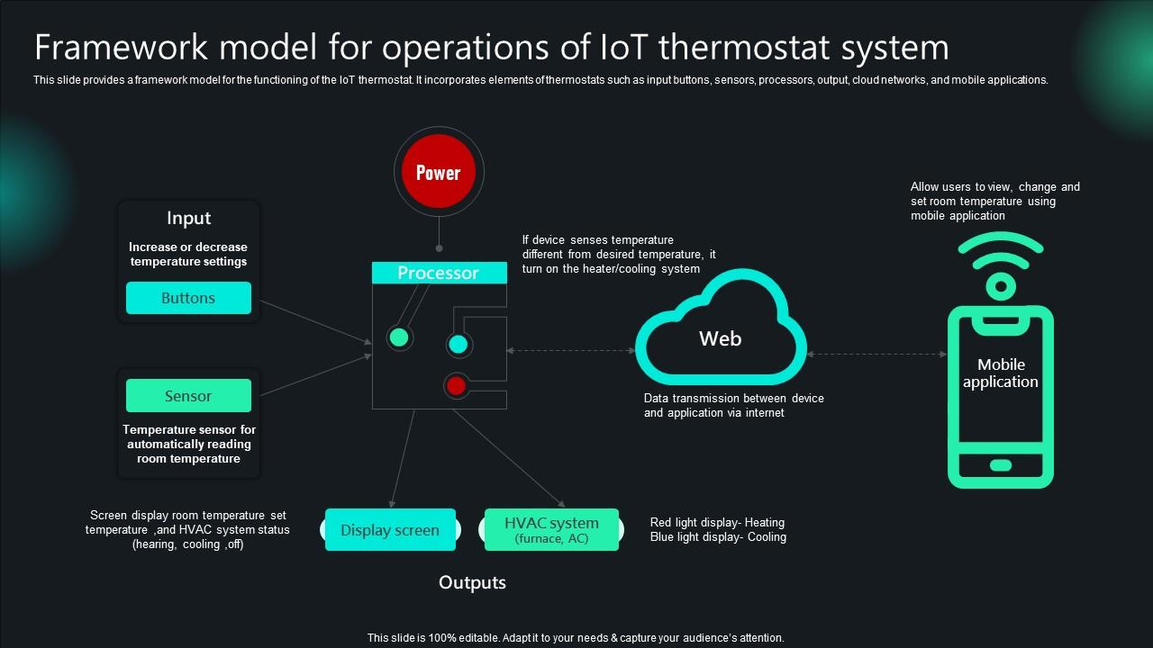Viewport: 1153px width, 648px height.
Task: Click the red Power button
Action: [x=439, y=172]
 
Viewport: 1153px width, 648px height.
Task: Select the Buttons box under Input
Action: [x=188, y=298]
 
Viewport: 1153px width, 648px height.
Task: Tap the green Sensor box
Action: [x=188, y=396]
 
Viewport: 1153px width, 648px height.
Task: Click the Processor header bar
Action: [x=439, y=273]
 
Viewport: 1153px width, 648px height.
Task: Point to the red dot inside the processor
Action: [x=457, y=386]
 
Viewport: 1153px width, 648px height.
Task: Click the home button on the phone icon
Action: [x=1001, y=465]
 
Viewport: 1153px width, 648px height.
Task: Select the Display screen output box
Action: [x=390, y=530]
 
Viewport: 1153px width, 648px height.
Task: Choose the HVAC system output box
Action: [x=551, y=530]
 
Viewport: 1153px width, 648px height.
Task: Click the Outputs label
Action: [x=472, y=582]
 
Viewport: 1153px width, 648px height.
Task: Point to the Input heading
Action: [x=188, y=218]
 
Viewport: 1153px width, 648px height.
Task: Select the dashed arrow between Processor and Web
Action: [x=571, y=351]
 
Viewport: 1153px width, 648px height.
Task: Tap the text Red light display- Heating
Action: [x=717, y=522]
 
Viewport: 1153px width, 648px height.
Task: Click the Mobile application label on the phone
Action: [x=1001, y=373]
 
